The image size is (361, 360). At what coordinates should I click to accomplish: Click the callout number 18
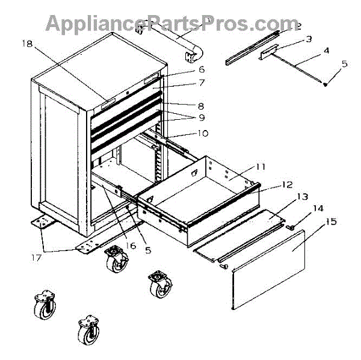click(x=28, y=43)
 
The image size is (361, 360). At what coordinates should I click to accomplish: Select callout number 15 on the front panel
click(x=330, y=222)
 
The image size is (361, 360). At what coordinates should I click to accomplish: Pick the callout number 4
click(x=326, y=51)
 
